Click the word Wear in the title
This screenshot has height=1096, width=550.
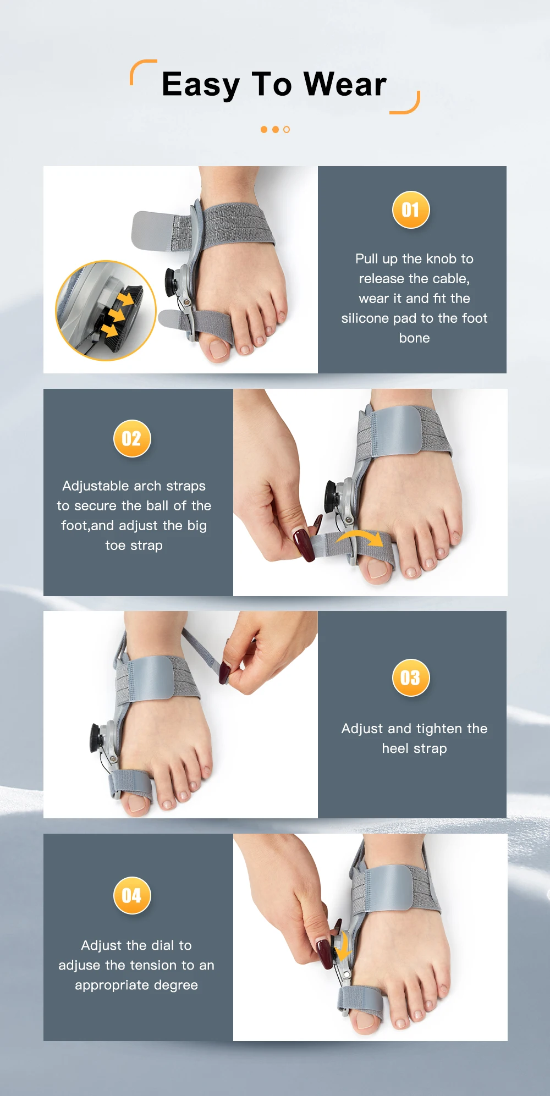click(345, 84)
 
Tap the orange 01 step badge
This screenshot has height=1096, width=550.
click(410, 210)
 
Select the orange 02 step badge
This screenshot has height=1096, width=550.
click(131, 438)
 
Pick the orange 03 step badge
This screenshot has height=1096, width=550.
click(410, 678)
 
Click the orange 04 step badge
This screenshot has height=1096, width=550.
click(131, 895)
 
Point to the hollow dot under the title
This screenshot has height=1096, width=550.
click(286, 130)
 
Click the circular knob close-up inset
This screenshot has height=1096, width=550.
click(106, 311)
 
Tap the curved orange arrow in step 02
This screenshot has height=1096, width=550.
click(360, 537)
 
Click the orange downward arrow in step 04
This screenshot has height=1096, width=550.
click(343, 946)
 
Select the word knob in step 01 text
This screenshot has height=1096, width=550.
click(441, 259)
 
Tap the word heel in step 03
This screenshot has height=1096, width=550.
click(395, 748)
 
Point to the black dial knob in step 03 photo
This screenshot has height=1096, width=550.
click(97, 738)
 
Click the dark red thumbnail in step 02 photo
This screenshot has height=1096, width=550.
click(303, 545)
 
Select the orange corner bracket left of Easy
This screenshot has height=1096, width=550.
click(143, 71)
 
